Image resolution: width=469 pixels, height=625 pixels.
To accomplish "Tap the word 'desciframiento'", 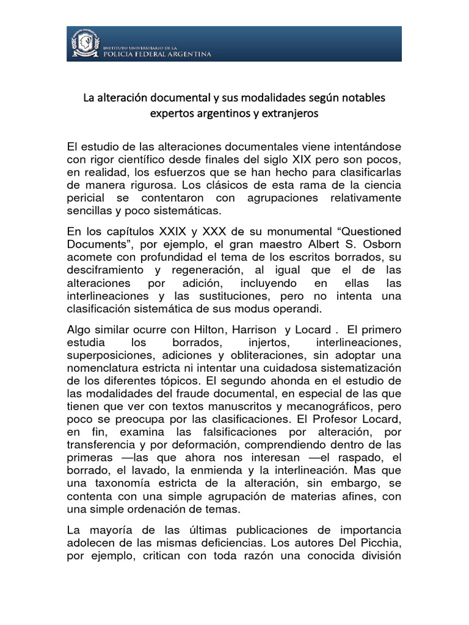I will [106, 269].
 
